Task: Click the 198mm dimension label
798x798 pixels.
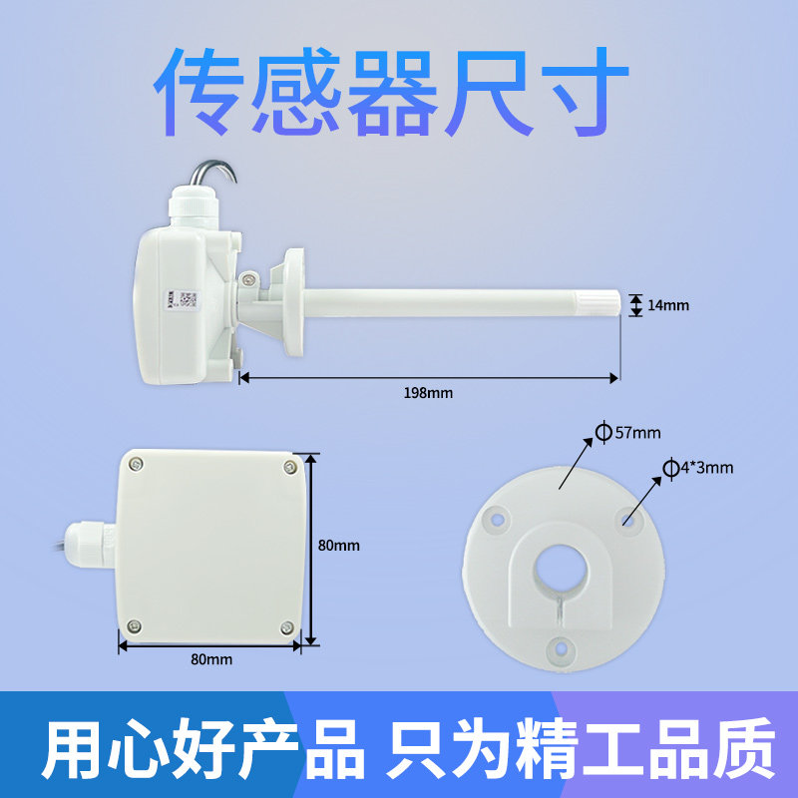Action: [428, 393]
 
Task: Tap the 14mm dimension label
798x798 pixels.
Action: [668, 305]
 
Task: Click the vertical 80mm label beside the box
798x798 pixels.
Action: [338, 546]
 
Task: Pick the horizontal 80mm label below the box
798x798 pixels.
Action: [211, 659]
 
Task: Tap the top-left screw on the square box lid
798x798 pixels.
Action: [135, 463]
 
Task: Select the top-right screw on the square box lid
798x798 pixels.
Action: [289, 465]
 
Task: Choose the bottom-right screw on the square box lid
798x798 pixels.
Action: [287, 627]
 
